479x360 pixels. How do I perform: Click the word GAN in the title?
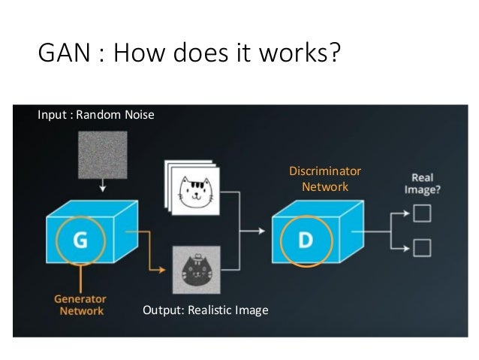pyautogui.click(x=61, y=55)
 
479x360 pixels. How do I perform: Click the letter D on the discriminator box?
pyautogui.click(x=304, y=240)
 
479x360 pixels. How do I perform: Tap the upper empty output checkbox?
pyautogui.click(x=422, y=216)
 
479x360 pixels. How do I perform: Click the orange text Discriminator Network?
pyautogui.click(x=324, y=179)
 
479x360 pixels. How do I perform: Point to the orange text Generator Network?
pyautogui.click(x=79, y=304)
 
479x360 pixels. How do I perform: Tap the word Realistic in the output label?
pyautogui.click(x=209, y=310)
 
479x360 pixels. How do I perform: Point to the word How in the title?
pyautogui.click(x=133, y=55)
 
